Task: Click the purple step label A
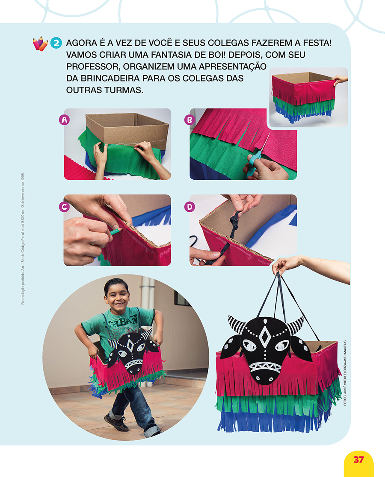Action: (x=64, y=120)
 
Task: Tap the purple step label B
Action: (x=190, y=120)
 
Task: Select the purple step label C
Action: (x=64, y=207)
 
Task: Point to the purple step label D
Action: (x=190, y=207)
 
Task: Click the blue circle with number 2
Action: (x=56, y=43)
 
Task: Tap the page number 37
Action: (x=359, y=459)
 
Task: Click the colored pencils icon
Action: (x=40, y=44)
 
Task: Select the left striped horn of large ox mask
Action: (x=237, y=324)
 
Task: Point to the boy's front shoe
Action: (x=116, y=422)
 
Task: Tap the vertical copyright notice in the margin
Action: (x=23, y=239)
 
